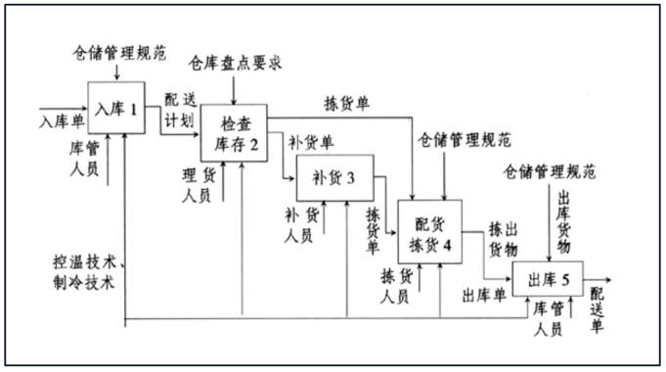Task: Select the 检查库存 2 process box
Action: (234, 134)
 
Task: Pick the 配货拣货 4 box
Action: (428, 232)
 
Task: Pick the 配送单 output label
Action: (598, 307)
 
